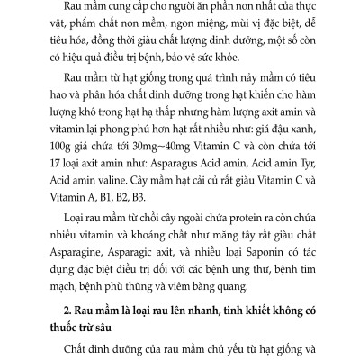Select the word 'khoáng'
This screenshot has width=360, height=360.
click(159, 240)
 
